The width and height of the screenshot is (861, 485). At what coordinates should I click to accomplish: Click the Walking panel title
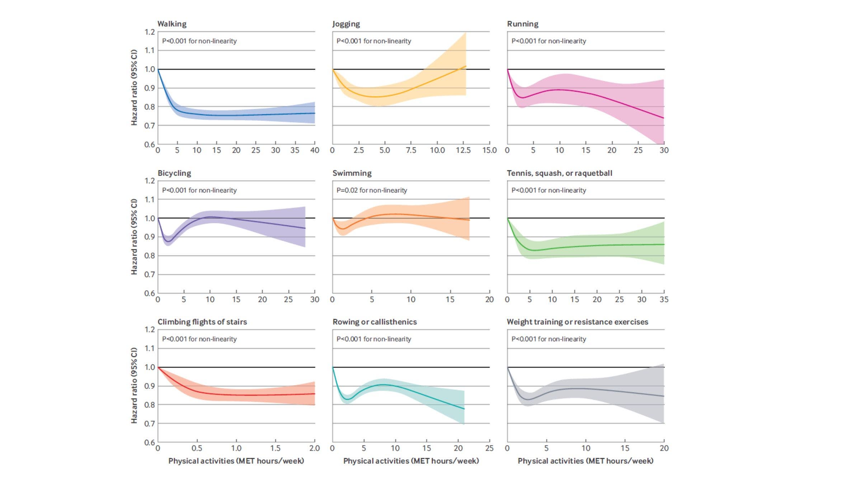coord(172,24)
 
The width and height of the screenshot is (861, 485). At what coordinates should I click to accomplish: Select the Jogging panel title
coord(346,24)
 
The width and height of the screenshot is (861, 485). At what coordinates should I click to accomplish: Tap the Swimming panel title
coord(352,173)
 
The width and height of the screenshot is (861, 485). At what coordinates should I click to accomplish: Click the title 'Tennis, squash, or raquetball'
coord(559,173)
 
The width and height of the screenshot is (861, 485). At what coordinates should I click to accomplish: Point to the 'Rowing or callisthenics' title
coord(375,322)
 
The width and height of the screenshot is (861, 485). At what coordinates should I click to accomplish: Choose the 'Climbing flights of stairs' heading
coord(202,322)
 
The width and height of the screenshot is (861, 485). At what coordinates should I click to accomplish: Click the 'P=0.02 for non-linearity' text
coord(372,190)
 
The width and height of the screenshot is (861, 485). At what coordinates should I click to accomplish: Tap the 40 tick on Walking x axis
coord(315,150)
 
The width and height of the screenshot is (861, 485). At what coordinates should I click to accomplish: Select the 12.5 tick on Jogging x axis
coord(463,150)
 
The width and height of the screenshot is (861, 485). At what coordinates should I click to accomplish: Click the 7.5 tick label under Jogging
coord(411,150)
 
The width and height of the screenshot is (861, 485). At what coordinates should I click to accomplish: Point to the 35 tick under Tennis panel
coord(664,299)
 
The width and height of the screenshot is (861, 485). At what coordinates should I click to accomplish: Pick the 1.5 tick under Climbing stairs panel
coord(275,448)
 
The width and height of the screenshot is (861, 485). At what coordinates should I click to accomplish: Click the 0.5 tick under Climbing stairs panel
coord(197,448)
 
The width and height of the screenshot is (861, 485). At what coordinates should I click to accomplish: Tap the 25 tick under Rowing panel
coord(489,448)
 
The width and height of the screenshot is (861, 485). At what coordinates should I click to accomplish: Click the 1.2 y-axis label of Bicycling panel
coord(150,181)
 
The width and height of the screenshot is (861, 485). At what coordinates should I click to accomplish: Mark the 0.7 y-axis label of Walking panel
coord(150,126)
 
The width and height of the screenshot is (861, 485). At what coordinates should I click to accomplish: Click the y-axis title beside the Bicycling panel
coord(134,237)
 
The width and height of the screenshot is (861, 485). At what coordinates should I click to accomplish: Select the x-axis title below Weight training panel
coord(585,461)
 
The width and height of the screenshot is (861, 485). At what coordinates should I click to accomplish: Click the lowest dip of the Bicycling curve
coord(169,241)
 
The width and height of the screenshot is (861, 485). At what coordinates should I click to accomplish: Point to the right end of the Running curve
coord(664,118)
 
